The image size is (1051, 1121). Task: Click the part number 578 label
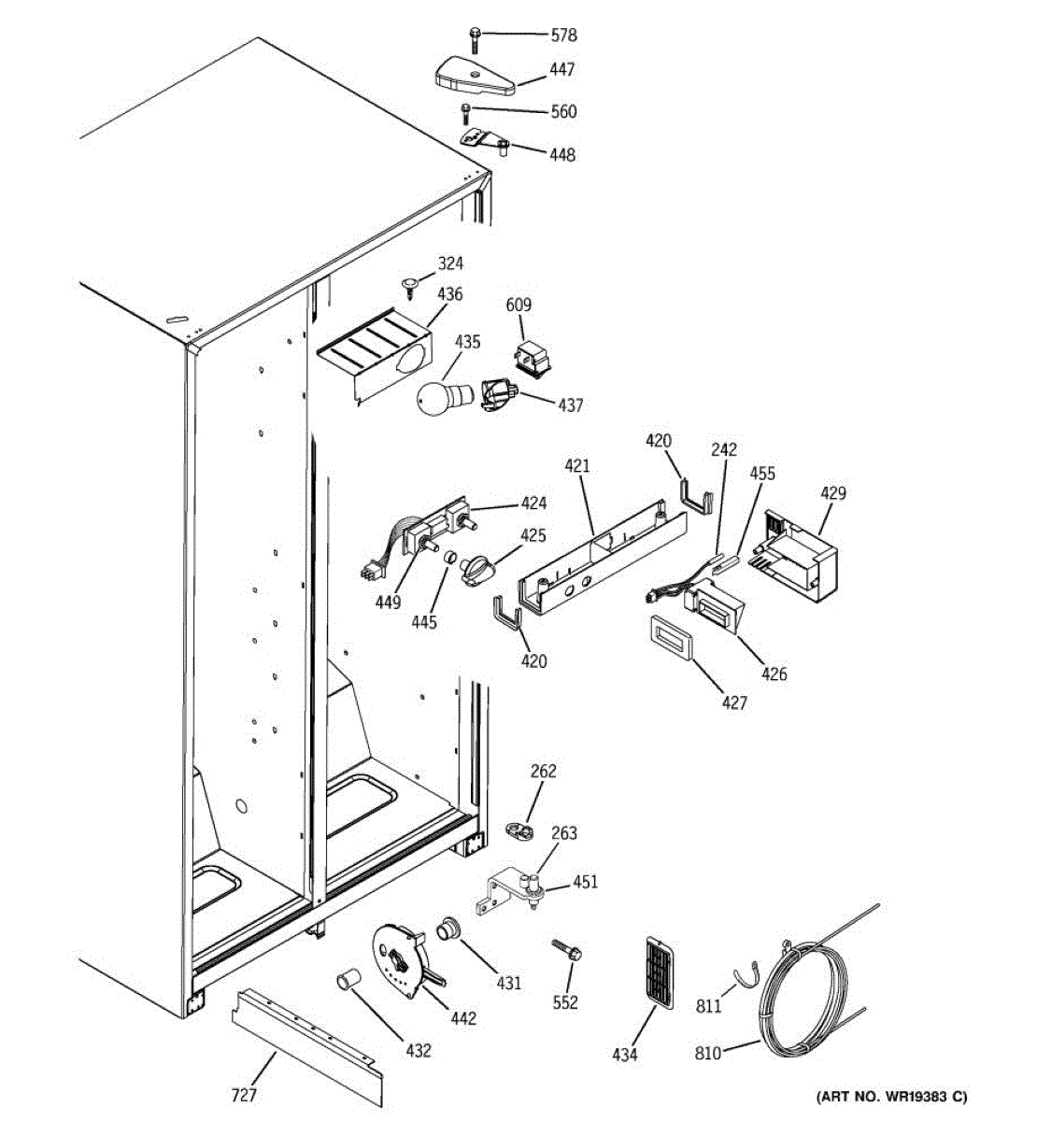563,35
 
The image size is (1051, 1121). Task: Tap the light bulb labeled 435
436,397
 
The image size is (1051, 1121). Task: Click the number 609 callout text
518,305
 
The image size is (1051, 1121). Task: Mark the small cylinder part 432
348,982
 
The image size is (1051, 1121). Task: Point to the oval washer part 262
518,829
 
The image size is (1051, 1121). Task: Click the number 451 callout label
585,882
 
